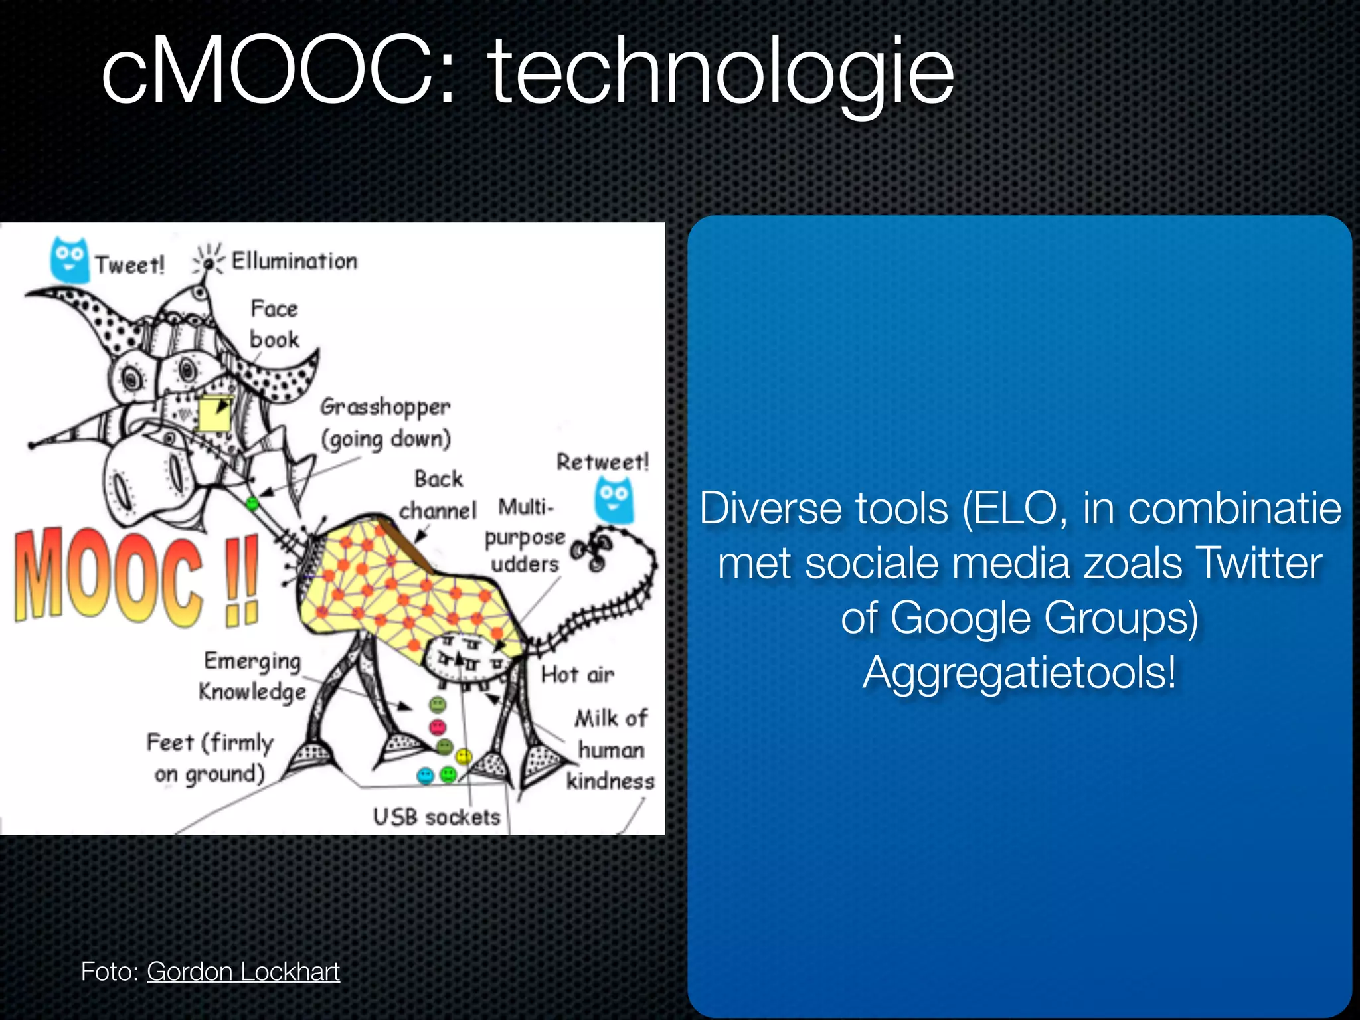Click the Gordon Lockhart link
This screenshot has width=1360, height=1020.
click(x=243, y=972)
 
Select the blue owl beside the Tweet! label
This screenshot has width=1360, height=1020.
click(x=69, y=260)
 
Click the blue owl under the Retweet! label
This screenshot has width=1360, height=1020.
click(x=614, y=501)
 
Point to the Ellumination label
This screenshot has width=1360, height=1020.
click(x=294, y=261)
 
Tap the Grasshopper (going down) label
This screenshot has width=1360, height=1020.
click(x=385, y=423)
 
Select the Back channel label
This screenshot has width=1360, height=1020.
click(x=438, y=495)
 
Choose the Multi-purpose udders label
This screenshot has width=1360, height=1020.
click(x=525, y=536)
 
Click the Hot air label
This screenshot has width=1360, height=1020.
click(x=577, y=675)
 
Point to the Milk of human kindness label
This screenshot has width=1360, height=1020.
click(x=610, y=750)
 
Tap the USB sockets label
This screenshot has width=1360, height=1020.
click(x=436, y=817)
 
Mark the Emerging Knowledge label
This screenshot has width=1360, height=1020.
click(x=252, y=676)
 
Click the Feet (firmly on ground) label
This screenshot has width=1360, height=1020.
click(x=210, y=758)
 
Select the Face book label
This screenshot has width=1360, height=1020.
click(x=274, y=324)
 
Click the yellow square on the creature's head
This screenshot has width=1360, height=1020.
click(x=214, y=414)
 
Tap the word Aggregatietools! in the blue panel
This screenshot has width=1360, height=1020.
click(x=1019, y=673)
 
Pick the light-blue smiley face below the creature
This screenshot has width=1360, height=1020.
click(x=425, y=775)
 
